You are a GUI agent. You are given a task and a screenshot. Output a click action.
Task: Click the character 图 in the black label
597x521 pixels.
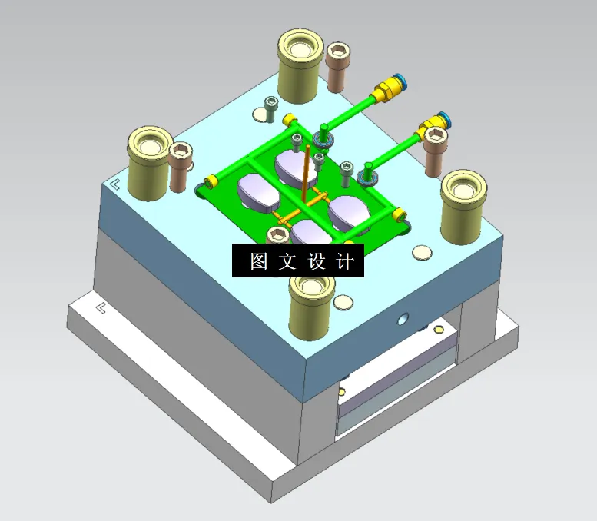pyautogui.click(x=258, y=262)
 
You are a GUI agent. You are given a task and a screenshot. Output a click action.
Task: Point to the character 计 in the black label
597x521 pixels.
pyautogui.click(x=345, y=262)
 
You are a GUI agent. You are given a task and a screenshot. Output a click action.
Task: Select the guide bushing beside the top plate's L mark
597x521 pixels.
pyautogui.click(x=148, y=161)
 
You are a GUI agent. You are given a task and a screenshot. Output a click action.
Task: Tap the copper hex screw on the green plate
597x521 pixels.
pyautogui.click(x=276, y=234)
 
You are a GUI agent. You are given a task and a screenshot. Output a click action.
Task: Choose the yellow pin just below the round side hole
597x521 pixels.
pyautogui.click(x=437, y=329)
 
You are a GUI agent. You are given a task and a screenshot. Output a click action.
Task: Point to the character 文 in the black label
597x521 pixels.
pyautogui.click(x=287, y=262)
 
